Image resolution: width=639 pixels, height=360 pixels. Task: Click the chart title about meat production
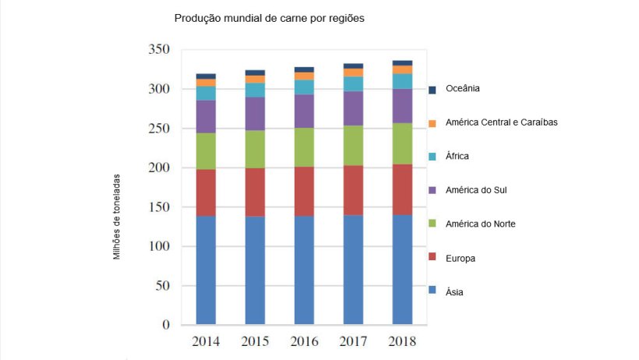tap(269, 17)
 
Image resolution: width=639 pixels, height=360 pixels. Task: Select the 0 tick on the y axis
tap(166, 325)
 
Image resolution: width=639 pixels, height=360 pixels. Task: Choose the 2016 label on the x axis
tap(303, 341)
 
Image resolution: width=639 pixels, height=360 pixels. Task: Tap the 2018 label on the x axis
tap(401, 341)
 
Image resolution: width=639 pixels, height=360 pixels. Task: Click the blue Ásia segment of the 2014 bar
tap(206, 270)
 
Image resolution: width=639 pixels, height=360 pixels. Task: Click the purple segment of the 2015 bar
tap(255, 114)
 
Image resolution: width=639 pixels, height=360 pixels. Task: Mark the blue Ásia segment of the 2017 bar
tap(353, 270)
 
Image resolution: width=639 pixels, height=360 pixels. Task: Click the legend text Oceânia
tap(463, 88)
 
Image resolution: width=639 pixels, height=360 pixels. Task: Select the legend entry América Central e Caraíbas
tap(502, 122)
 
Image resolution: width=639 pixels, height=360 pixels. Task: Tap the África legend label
tap(458, 156)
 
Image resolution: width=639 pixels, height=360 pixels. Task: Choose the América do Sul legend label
tap(477, 189)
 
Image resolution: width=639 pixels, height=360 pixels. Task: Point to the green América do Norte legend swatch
tap(432, 224)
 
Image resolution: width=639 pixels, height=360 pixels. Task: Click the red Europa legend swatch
tap(432, 258)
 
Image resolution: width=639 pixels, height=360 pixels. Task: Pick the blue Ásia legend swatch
tap(432, 291)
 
